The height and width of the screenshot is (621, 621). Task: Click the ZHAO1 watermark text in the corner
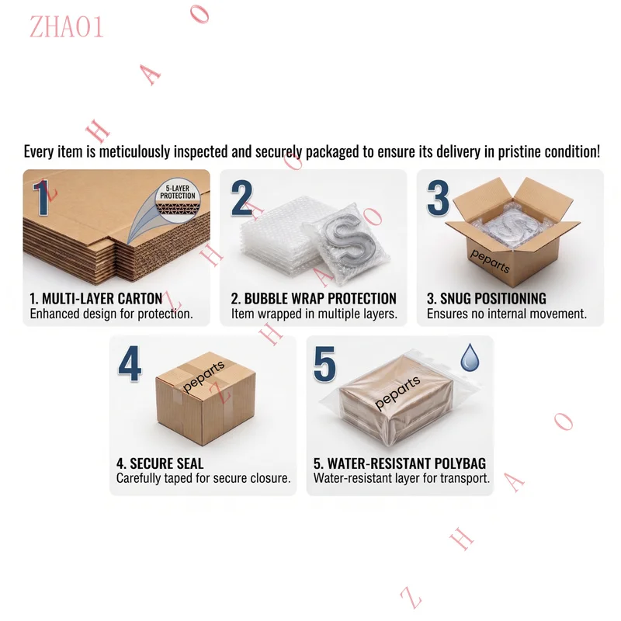[67, 27]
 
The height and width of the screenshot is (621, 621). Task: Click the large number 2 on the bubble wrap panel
[242, 198]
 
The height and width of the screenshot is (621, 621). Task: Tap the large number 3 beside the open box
[438, 198]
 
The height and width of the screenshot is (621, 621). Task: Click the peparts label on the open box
[490, 261]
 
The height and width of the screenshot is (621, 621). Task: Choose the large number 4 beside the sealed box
[130, 363]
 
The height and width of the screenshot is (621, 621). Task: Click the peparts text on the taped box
[203, 376]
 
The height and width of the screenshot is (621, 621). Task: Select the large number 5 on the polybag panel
[324, 364]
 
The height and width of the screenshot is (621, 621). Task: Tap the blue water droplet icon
[470, 357]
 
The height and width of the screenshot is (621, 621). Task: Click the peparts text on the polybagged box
[397, 393]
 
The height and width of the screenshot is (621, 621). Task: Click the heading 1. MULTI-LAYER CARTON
[96, 298]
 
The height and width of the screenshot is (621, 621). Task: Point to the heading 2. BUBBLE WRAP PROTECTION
[314, 298]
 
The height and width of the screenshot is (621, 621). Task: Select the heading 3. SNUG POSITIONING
[487, 298]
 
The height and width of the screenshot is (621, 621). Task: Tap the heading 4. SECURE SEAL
[160, 463]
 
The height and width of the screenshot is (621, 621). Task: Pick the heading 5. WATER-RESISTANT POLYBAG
[400, 463]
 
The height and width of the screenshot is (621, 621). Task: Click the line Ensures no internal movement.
[507, 314]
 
